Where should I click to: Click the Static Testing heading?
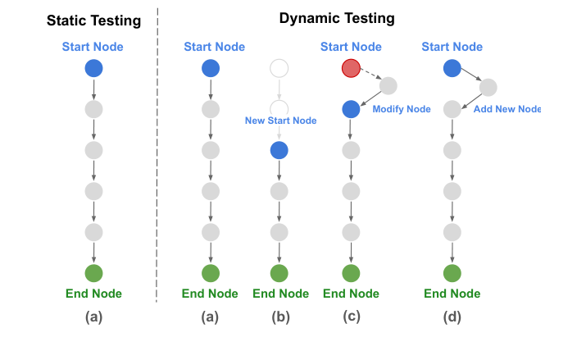tap(93, 20)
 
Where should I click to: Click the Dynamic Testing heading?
tap(337, 17)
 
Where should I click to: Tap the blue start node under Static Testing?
tap(93, 69)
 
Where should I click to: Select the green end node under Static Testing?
tap(93, 273)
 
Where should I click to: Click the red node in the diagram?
tap(351, 69)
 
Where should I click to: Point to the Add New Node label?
tap(507, 108)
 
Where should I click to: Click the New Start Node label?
tap(280, 121)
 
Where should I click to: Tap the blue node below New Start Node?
tap(279, 150)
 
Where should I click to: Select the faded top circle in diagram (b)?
tap(279, 68)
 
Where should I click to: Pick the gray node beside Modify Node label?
tap(388, 86)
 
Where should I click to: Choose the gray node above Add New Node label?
tap(488, 87)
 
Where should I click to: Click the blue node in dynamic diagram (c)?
tap(351, 109)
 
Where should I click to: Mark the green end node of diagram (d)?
tap(451, 273)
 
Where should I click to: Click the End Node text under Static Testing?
tap(93, 294)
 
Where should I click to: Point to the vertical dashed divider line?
tap(157, 164)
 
